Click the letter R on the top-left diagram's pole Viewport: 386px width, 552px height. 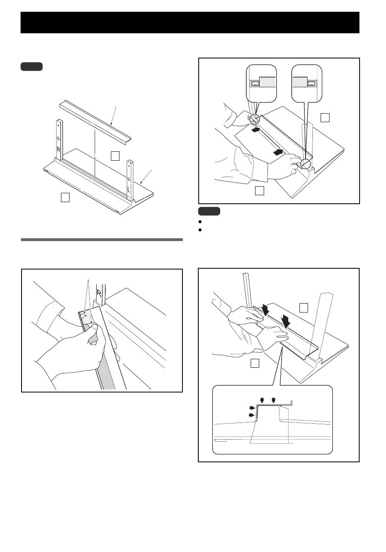pos(59,149)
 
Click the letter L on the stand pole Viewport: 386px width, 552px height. pos(129,190)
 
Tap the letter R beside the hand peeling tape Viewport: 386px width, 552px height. pos(99,293)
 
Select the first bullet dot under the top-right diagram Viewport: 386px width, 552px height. pos(200,222)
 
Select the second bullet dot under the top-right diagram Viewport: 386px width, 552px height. pos(200,230)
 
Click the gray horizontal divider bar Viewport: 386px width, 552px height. pos(102,239)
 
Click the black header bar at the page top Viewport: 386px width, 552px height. pos(190,22)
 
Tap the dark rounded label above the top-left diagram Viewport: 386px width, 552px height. pos(32,67)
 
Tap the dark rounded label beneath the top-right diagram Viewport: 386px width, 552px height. pos(209,211)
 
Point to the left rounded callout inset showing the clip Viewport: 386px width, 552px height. pos(261,84)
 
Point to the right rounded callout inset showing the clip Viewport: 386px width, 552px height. pos(307,84)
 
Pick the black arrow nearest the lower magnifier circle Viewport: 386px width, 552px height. pos(278,152)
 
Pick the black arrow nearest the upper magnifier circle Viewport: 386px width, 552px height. pos(256,129)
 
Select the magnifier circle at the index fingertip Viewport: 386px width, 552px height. pos(306,164)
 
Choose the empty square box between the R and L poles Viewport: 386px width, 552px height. pos(115,156)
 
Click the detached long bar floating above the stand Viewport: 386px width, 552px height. pos(95,121)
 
